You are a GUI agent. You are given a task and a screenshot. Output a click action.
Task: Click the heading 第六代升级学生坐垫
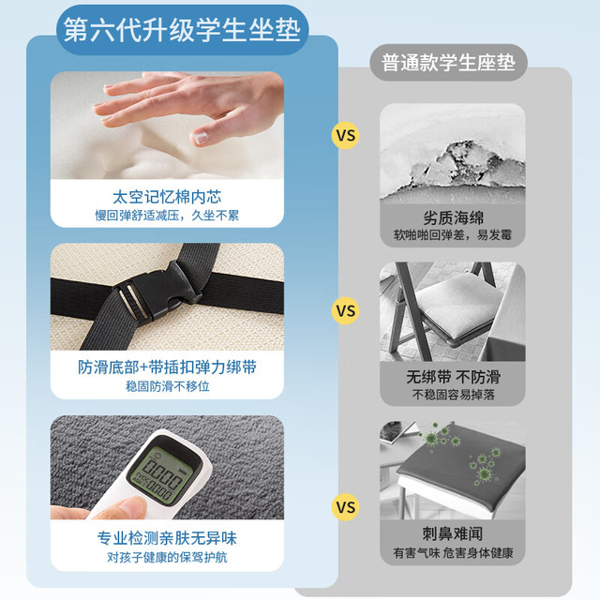coord(182,30)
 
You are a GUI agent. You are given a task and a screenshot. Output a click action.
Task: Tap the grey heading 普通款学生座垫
coord(448,63)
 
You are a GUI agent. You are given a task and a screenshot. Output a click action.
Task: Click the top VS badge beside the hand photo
coord(346,135)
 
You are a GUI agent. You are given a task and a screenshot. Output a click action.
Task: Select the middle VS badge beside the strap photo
coord(346,310)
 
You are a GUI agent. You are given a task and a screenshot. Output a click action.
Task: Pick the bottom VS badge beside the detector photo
coord(346,507)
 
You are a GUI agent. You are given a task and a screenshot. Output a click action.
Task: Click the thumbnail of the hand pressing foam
coord(167,125)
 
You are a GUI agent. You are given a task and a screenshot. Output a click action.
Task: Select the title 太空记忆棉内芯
coord(167,197)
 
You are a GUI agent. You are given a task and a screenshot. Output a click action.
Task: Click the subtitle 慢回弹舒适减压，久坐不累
coord(167,216)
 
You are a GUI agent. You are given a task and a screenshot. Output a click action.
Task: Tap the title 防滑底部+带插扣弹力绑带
coord(167,367)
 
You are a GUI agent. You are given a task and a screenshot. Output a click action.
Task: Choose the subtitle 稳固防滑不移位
coord(167,386)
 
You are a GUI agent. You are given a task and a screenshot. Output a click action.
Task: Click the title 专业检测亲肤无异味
coord(167,538)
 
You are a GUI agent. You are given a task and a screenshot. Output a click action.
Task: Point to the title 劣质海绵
coord(453,217)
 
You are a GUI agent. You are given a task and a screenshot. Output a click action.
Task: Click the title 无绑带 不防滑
coord(453,377)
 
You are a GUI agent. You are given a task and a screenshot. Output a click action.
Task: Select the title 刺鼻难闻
coord(453,533)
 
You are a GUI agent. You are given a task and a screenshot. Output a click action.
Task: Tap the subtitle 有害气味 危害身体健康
coord(453,553)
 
